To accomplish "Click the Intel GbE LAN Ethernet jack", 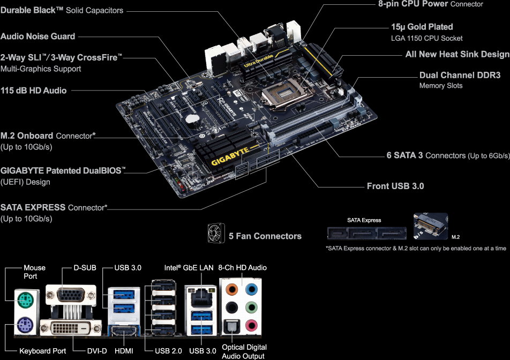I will tap(199, 295).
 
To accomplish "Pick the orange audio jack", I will tap(232, 289).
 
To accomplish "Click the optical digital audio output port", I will tap(232, 325).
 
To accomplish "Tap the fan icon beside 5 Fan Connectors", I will tap(215, 234).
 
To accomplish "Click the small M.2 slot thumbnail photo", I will tap(430, 227).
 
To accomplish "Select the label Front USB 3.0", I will tap(395, 186).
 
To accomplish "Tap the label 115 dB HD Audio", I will tap(34, 91).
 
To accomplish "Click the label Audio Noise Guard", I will tap(38, 36).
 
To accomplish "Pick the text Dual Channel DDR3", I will tap(460, 76).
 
